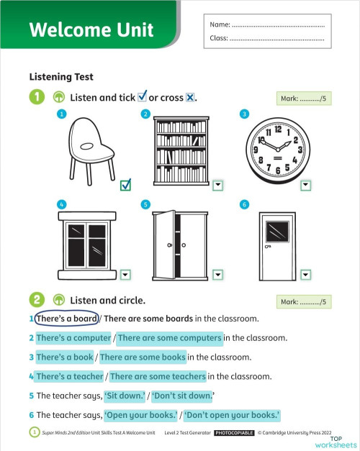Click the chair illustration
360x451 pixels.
point(89,148)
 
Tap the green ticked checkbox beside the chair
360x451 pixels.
point(126,185)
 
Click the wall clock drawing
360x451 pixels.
point(278,148)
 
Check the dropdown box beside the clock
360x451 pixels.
point(305,185)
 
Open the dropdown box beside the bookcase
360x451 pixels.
point(218,185)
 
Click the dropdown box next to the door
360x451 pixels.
point(305,274)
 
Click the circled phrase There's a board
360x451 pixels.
point(66,319)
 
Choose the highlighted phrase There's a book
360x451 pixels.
point(64,357)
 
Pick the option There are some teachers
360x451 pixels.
point(157,376)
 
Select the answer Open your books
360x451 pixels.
point(140,415)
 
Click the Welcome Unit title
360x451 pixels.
point(91,29)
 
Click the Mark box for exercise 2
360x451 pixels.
point(302,302)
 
